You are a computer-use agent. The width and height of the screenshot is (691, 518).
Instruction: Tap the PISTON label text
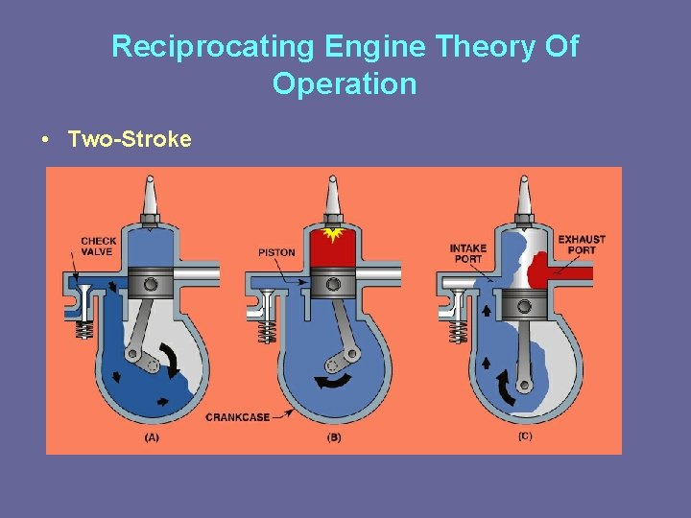276,252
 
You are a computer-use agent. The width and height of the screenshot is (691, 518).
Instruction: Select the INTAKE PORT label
467,253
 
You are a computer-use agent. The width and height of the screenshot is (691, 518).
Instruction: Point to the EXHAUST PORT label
582,245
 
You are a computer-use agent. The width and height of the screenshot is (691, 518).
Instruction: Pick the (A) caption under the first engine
152,437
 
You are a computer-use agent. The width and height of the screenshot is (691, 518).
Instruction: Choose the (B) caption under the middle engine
334,437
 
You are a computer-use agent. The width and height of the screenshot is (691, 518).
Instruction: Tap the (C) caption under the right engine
524,437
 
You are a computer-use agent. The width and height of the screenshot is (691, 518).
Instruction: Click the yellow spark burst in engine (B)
334,233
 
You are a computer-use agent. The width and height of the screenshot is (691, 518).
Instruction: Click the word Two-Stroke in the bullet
130,140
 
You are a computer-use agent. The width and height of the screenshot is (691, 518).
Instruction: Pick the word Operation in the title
345,84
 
